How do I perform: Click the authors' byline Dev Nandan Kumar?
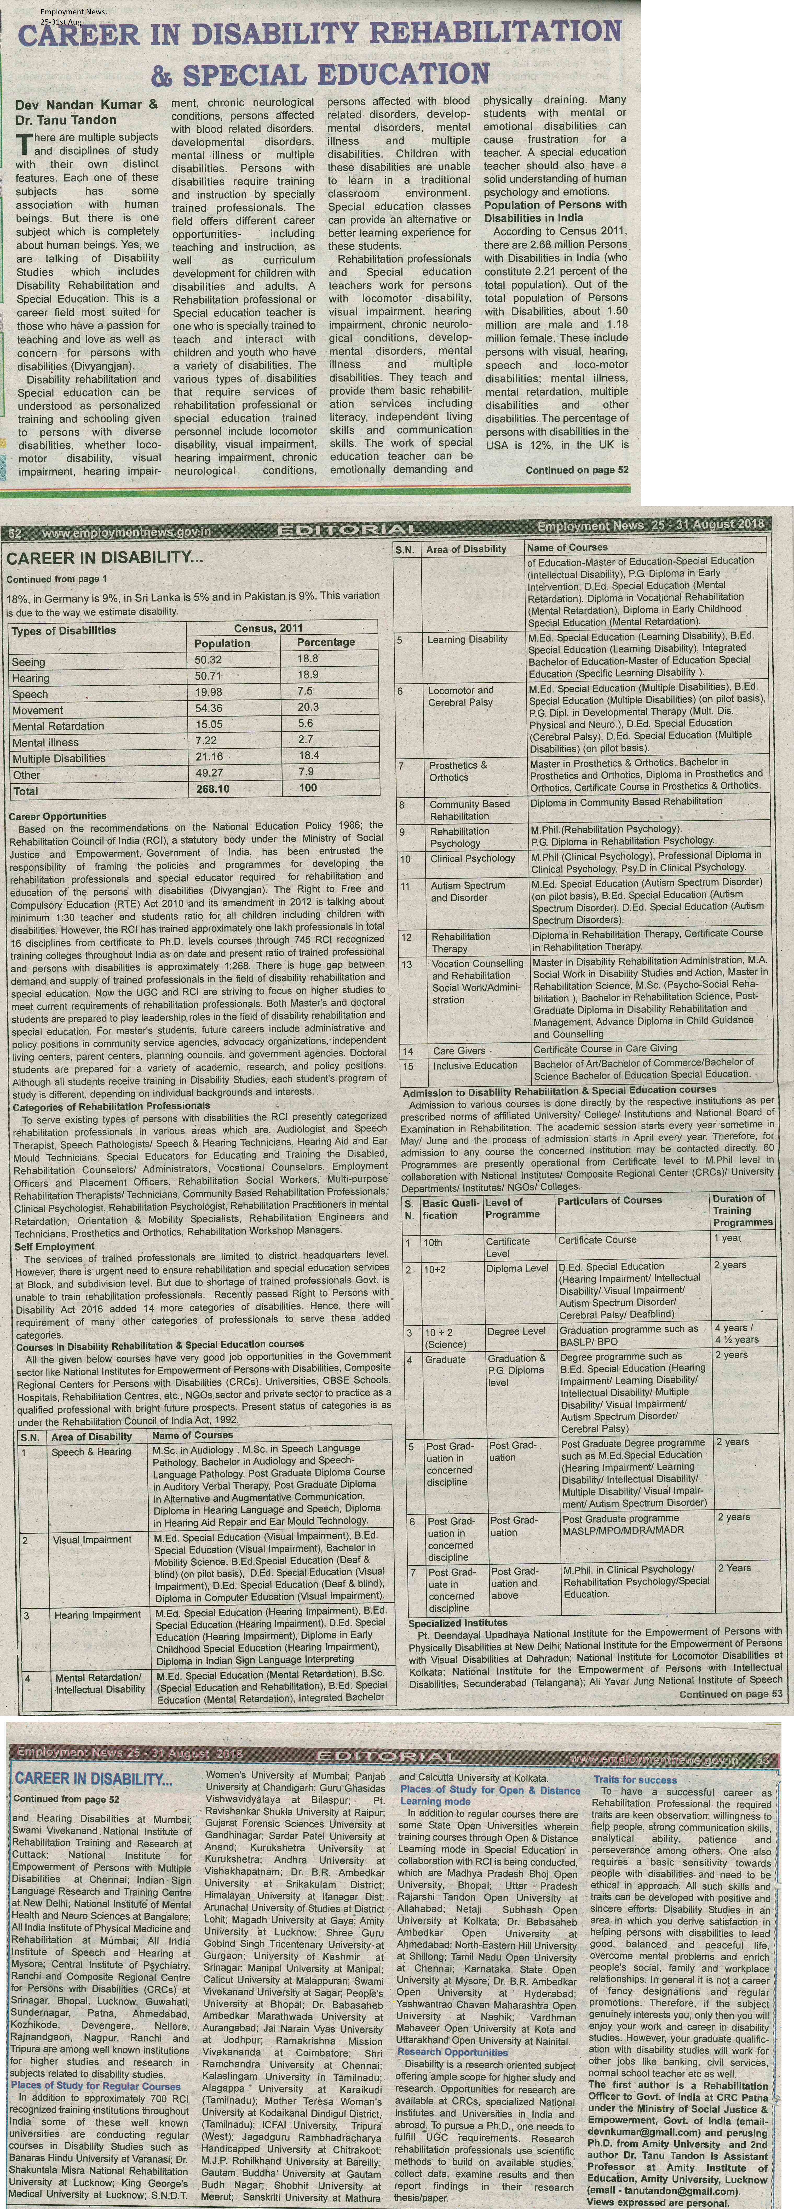(x=86, y=105)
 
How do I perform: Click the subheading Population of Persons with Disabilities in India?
(x=555, y=211)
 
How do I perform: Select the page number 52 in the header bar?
(x=15, y=532)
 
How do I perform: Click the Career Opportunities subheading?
(x=57, y=816)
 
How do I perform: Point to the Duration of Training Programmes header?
(x=743, y=1210)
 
